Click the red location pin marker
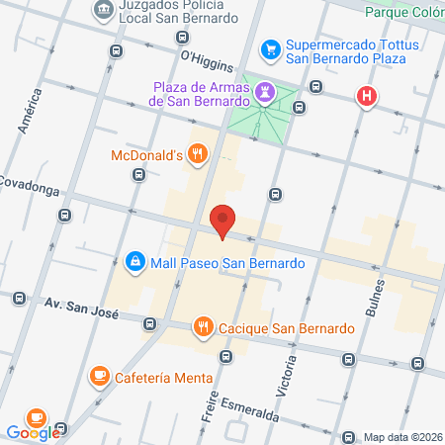pos(223,220)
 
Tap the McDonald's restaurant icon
pos(199,153)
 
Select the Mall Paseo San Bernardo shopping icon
pos(133,262)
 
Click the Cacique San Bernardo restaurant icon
pos(203,326)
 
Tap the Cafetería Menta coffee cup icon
pos(99,376)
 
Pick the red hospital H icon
pos(367,96)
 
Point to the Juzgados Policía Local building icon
pos(103,11)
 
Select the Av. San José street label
pos(82,311)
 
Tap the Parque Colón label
pos(403,12)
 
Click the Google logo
pos(32,432)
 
